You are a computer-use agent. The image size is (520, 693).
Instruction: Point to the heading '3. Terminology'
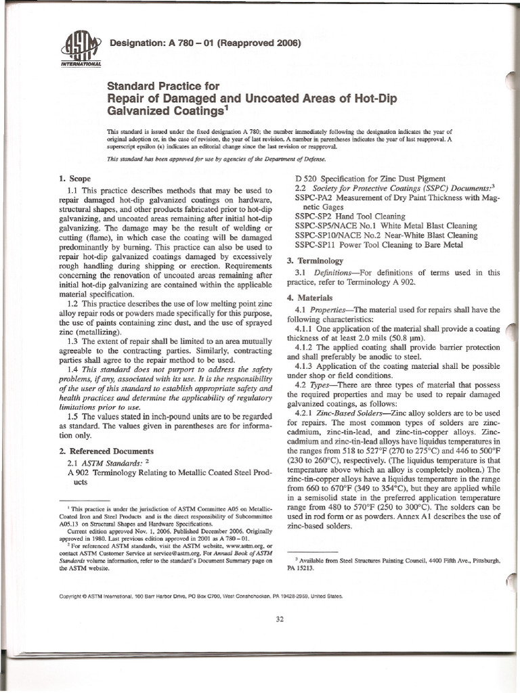tap(319, 260)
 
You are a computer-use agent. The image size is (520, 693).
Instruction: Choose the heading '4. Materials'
tap(313, 298)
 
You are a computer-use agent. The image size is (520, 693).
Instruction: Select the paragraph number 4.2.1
tap(309, 412)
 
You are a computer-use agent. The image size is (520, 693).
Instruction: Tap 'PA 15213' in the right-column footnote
tap(309, 569)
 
